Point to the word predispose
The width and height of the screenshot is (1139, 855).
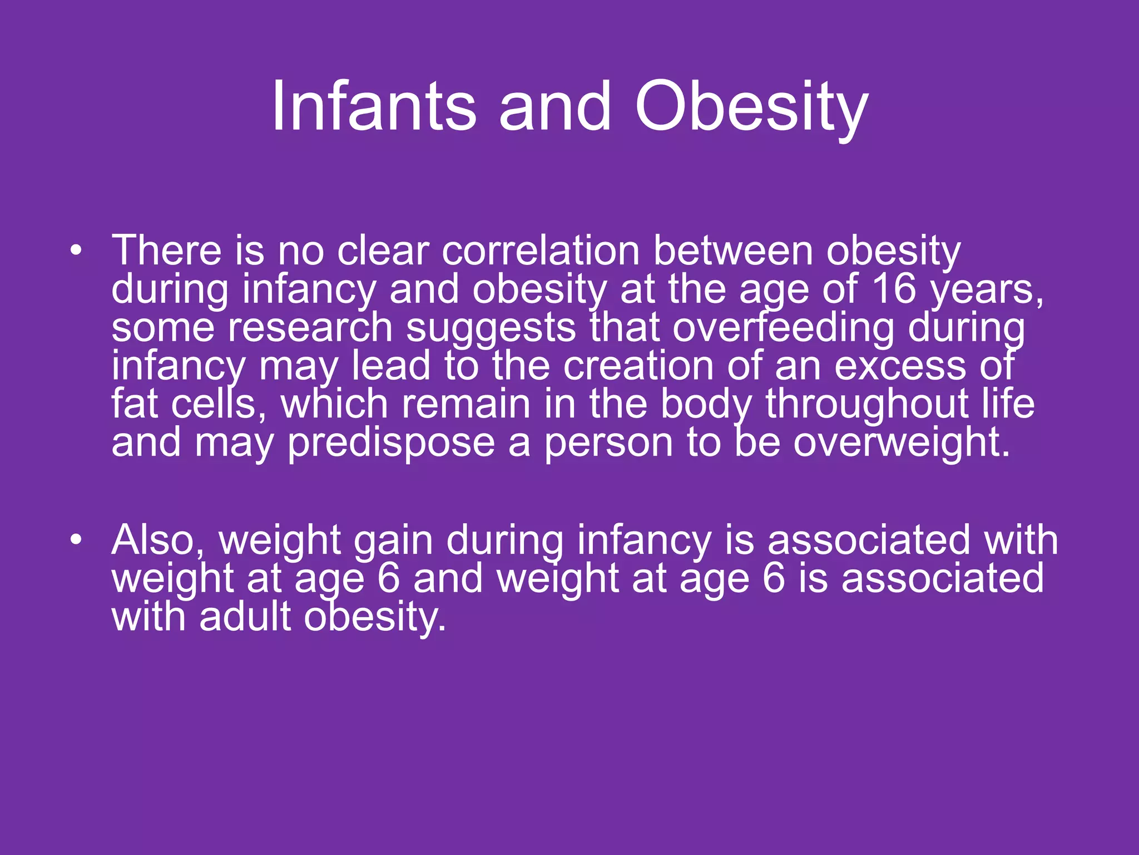tap(391, 443)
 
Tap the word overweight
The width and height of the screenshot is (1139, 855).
tap(901, 443)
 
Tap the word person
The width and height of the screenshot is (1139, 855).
tap(608, 443)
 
